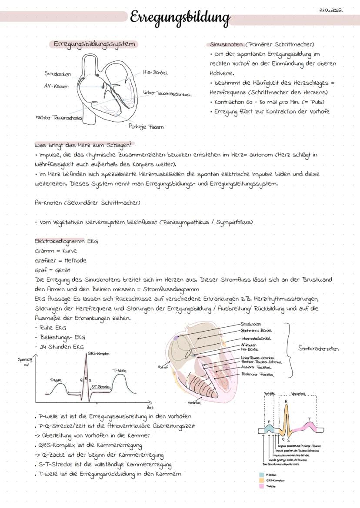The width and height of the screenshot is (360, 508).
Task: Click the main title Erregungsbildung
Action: tap(180, 18)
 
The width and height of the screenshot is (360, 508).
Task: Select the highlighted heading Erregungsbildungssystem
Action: tap(94, 44)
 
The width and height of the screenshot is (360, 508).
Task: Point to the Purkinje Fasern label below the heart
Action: tap(146, 126)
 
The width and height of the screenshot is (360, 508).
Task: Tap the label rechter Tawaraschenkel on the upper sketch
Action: tap(59, 117)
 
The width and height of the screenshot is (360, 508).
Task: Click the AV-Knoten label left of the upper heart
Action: tap(56, 86)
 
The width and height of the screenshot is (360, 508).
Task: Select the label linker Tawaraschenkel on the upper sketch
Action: tap(167, 93)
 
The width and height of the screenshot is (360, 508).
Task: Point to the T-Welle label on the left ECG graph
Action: tap(120, 370)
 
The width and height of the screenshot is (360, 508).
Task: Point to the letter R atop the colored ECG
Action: tap(286, 402)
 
